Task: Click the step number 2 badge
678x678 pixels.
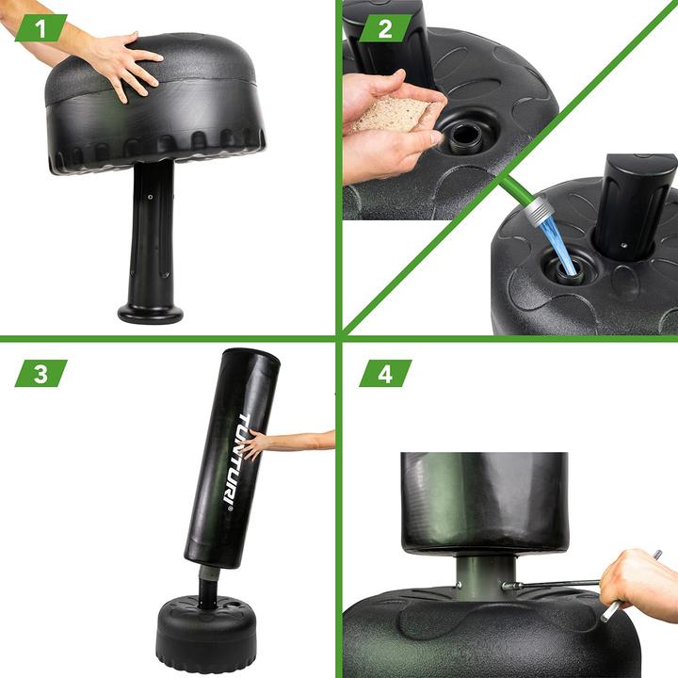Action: [x=384, y=28]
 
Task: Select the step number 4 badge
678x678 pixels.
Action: [x=384, y=373]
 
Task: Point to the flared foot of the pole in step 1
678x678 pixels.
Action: [x=151, y=312]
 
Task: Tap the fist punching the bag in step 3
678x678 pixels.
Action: [x=255, y=444]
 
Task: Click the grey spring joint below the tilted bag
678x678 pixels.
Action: [x=204, y=573]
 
